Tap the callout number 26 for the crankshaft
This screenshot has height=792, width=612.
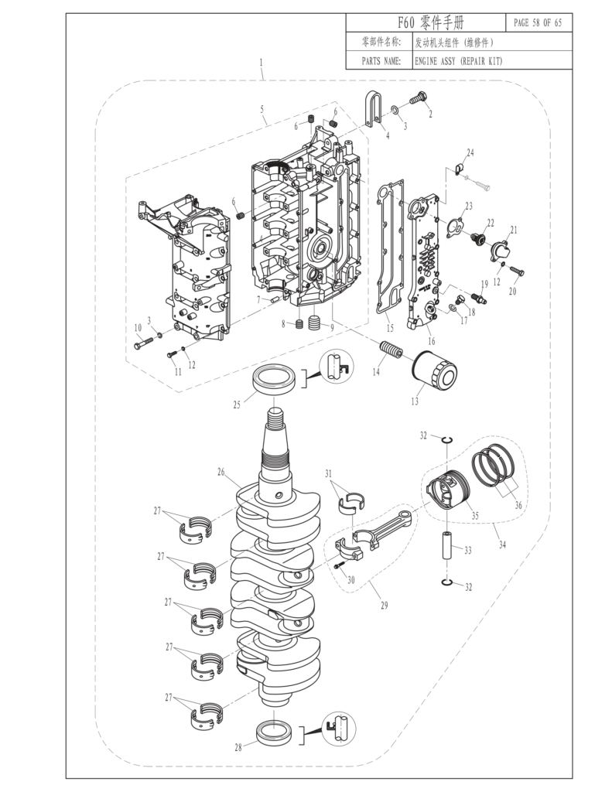[221, 471]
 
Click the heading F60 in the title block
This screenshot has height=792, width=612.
[404, 22]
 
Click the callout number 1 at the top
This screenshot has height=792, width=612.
[262, 62]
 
